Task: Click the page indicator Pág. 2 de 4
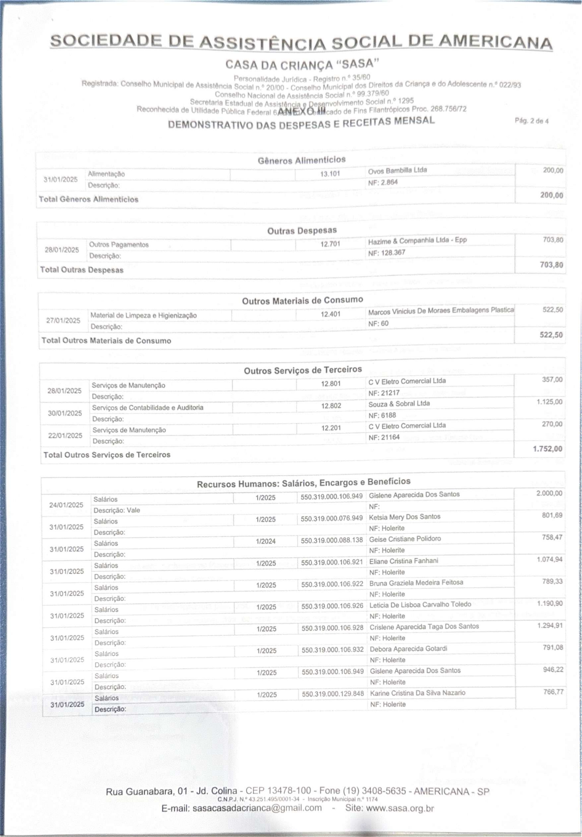[531, 121]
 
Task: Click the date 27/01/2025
[63, 321]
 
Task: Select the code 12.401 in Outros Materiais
[330, 314]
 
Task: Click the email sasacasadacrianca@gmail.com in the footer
[257, 808]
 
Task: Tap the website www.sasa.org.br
[400, 808]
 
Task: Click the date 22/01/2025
[65, 436]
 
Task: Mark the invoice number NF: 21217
[384, 393]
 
